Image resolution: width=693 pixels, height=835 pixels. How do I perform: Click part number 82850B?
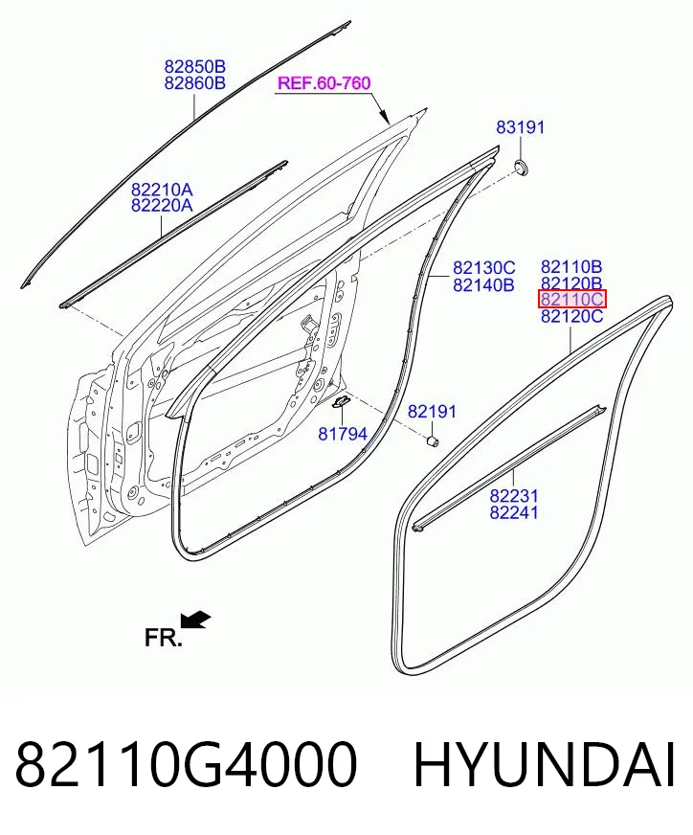(195, 67)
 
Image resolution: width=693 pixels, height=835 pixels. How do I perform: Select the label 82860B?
(195, 83)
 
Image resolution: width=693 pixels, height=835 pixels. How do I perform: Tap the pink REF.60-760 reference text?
(324, 83)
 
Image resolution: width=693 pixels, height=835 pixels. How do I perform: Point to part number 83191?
(521, 127)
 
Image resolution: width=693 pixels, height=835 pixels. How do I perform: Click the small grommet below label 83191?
(521, 168)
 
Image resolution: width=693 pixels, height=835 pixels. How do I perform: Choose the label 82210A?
(163, 190)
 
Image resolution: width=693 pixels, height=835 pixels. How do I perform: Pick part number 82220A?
(163, 205)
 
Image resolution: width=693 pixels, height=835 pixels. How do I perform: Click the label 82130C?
(483, 267)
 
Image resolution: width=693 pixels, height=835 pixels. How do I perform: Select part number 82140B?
(483, 285)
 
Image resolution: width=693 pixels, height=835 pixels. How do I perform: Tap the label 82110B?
(571, 266)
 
